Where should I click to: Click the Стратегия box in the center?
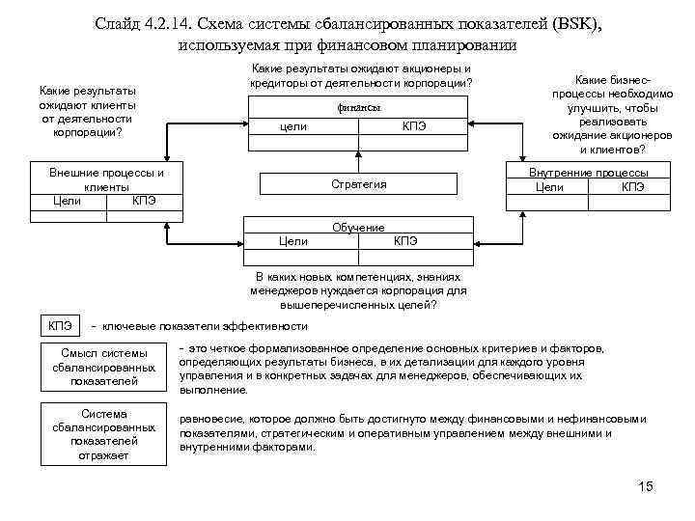click(x=358, y=184)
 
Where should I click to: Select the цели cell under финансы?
click(x=292, y=127)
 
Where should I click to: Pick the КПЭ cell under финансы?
click(x=413, y=127)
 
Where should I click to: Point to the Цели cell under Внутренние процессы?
click(x=549, y=186)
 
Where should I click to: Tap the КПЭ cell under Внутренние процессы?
click(x=633, y=186)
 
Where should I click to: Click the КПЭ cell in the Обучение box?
click(x=405, y=240)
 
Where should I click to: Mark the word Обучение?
click(x=358, y=228)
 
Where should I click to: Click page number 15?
click(x=645, y=485)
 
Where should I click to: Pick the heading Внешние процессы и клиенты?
click(x=105, y=179)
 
